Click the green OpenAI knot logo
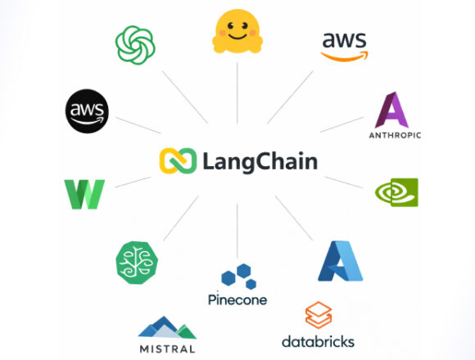coord(135,44)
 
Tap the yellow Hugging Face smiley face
coord(237,34)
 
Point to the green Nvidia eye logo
coord(396,192)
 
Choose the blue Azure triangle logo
coord(340,262)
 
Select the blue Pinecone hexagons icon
coord(237,276)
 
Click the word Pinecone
coord(237,299)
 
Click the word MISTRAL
coord(167,349)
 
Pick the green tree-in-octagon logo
coord(136,263)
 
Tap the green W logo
coord(84,194)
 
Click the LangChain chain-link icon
coord(178,160)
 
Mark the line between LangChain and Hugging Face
coord(237,94)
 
